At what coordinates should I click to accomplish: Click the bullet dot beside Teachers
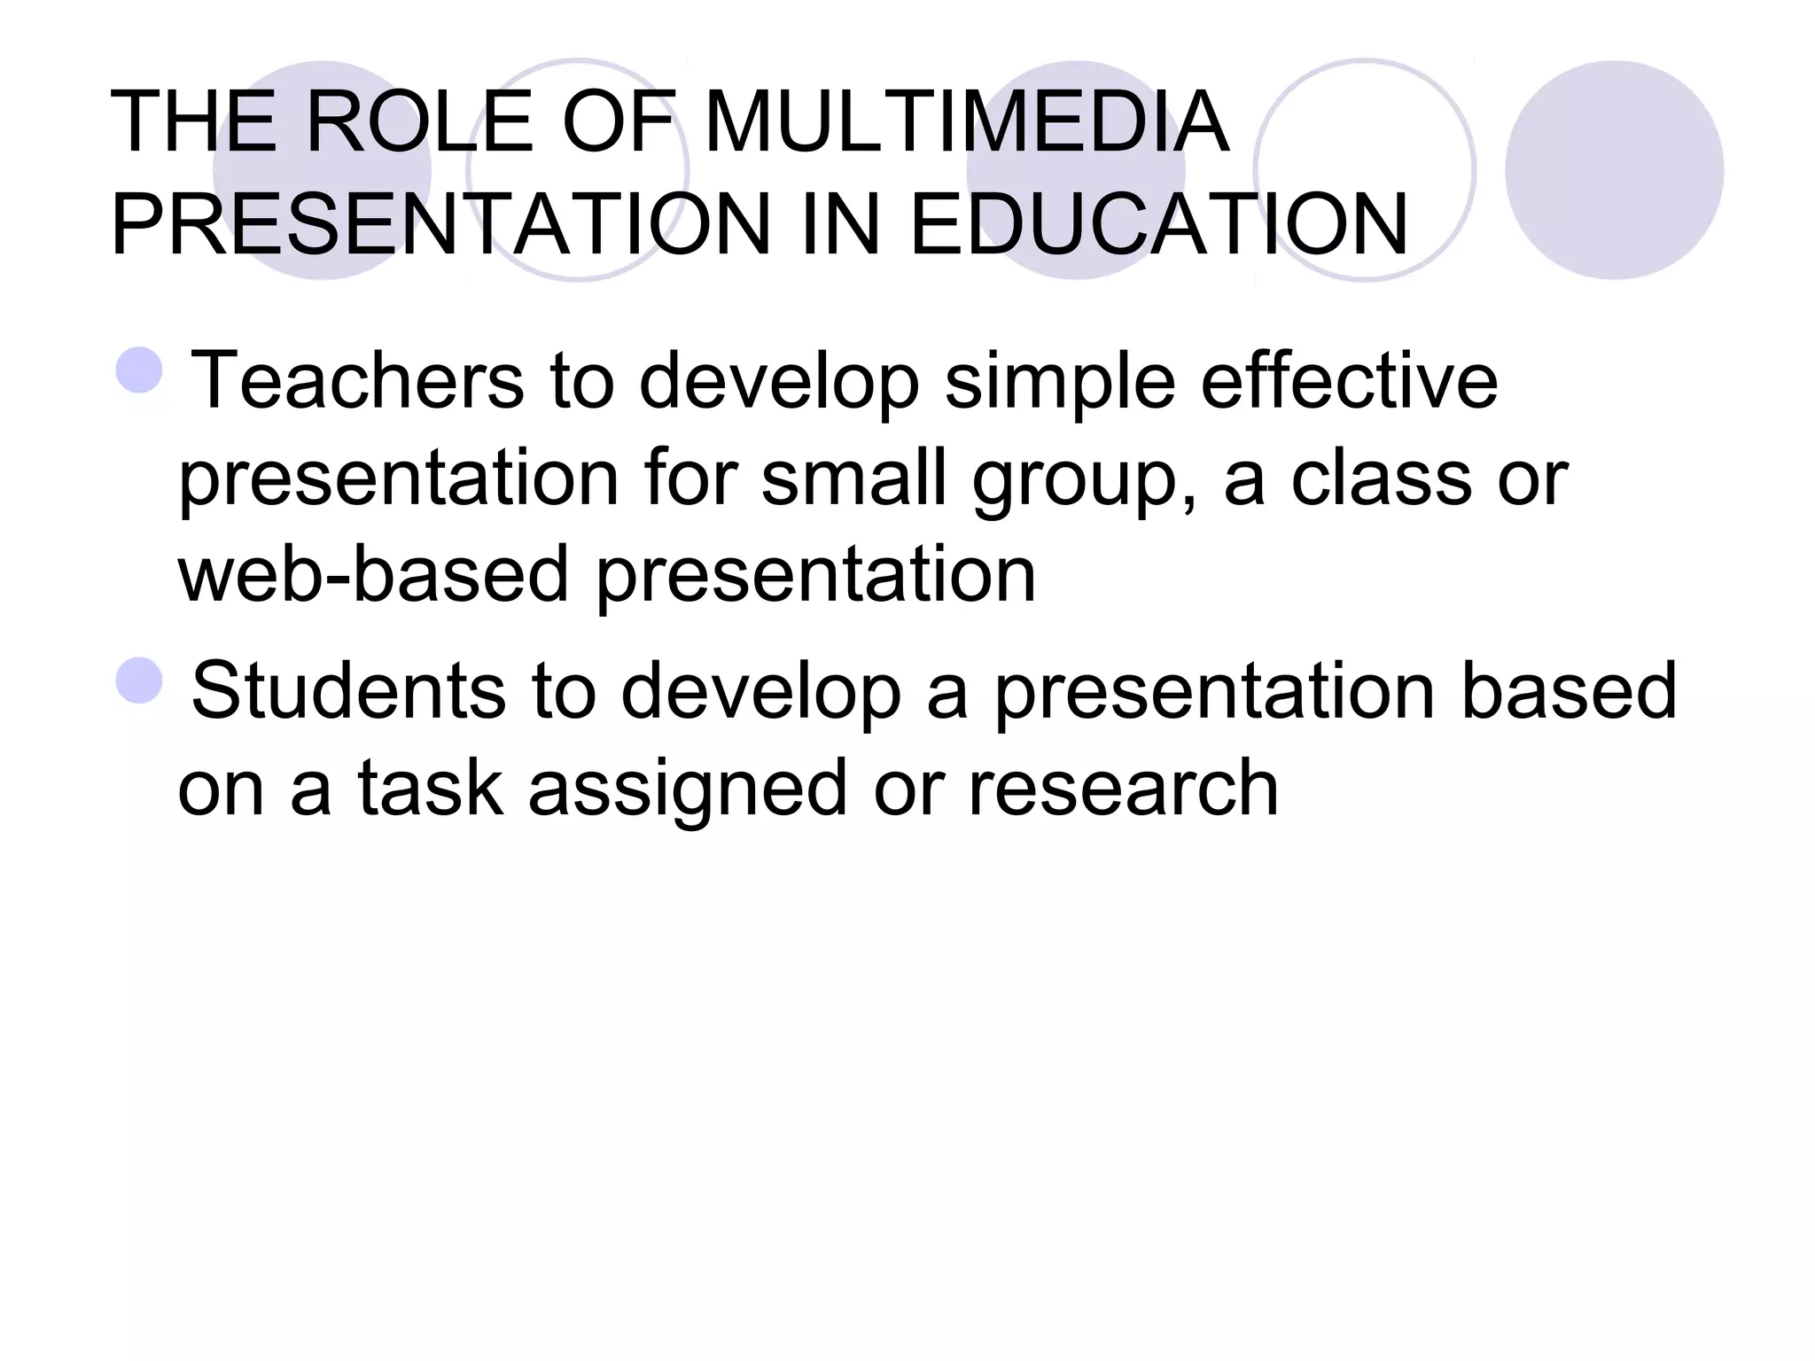139,370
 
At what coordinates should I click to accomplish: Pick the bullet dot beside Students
139,680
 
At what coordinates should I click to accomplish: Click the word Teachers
358,381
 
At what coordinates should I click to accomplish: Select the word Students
348,691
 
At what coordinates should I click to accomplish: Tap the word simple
1059,381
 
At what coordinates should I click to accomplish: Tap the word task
430,789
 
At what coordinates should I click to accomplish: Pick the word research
1123,789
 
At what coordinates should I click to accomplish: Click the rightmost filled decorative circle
1614,170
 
